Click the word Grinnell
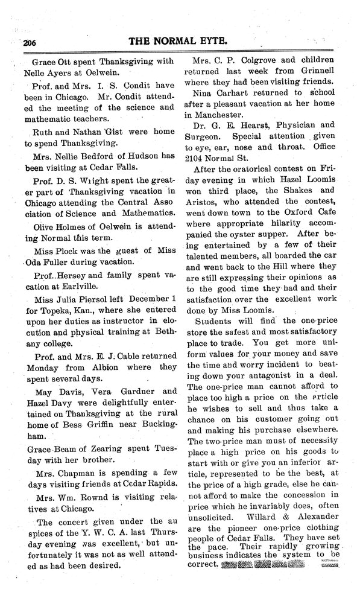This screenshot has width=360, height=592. [x=315, y=74]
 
